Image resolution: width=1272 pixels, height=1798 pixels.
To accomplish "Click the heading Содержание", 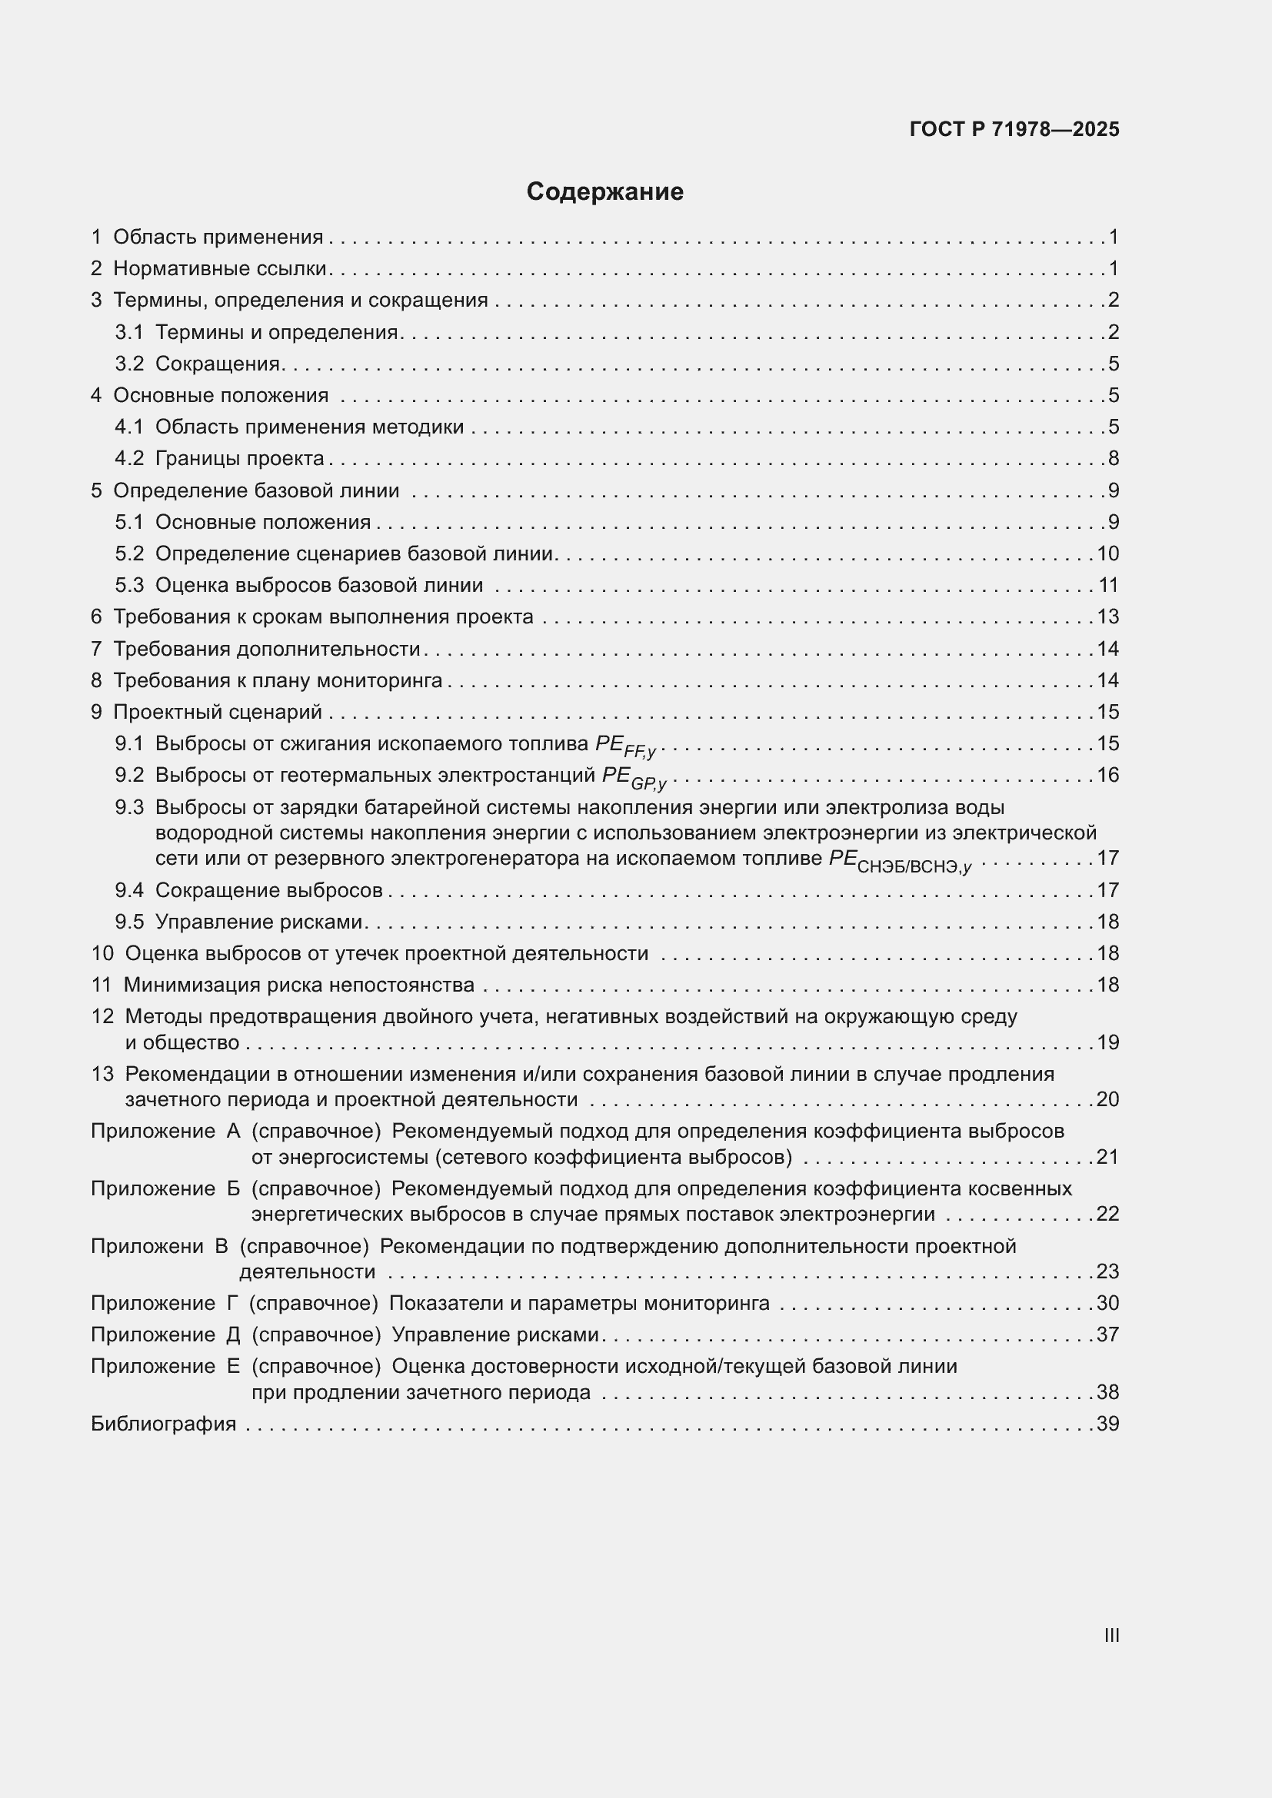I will point(604,192).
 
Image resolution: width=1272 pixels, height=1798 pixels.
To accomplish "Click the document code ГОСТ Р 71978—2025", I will point(1014,130).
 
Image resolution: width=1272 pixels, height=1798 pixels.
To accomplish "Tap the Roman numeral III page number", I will point(1111,1635).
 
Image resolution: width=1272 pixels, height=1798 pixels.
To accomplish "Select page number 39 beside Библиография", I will point(1107,1424).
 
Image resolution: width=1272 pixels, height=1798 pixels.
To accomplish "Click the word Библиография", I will point(163,1424).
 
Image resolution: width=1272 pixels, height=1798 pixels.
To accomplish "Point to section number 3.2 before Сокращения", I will point(129,364).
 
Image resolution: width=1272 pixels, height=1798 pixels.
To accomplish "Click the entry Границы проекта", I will point(240,459).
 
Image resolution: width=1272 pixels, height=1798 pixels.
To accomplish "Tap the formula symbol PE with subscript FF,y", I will point(625,746).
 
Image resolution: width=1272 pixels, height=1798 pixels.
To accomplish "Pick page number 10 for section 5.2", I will point(1107,554).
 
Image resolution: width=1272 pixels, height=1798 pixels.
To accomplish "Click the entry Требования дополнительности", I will point(267,650).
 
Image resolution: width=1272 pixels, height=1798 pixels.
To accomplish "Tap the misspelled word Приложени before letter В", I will point(147,1247).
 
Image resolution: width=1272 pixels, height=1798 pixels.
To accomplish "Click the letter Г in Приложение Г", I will point(232,1304).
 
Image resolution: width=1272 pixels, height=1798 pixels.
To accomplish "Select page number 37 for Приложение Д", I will point(1107,1335).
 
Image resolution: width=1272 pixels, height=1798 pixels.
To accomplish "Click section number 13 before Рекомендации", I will point(102,1075).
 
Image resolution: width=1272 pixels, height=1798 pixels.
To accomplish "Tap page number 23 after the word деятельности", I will point(1107,1271).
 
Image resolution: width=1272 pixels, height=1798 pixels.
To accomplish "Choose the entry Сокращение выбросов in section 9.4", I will point(268,891).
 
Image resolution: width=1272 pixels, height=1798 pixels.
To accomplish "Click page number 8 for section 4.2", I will point(1113,459).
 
